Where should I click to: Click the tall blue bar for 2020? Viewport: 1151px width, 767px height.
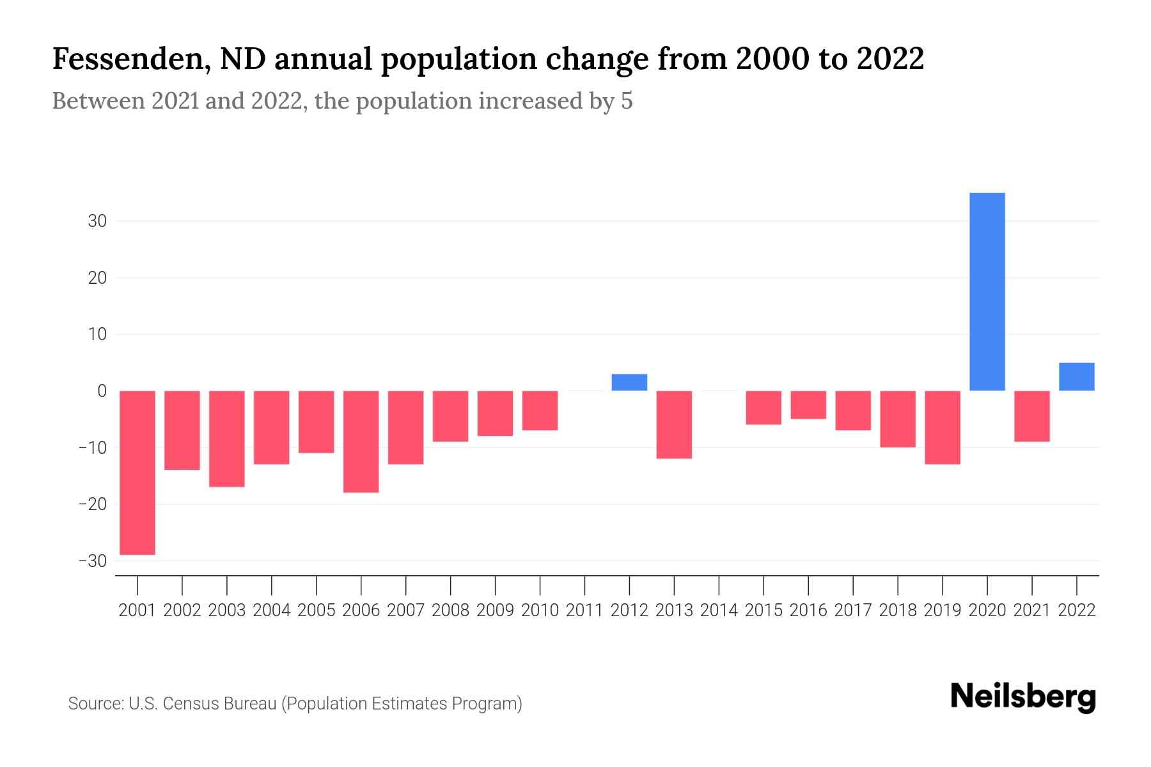[987, 291]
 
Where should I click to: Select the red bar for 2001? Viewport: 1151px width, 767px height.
[137, 472]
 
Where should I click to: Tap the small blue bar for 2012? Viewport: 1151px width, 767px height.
[629, 382]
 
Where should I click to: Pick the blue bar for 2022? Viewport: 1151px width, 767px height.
[1076, 377]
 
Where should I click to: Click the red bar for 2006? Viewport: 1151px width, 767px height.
[361, 441]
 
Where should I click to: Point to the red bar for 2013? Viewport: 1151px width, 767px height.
[674, 424]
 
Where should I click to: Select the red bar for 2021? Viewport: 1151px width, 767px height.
[1031, 416]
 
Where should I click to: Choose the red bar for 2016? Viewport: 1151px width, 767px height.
[808, 405]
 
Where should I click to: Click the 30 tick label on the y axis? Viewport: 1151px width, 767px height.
[97, 221]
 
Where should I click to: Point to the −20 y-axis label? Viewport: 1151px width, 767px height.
[92, 504]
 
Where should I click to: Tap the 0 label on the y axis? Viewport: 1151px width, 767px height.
[102, 391]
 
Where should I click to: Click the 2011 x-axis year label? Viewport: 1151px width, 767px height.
[584, 610]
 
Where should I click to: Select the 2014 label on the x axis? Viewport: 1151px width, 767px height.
[719, 610]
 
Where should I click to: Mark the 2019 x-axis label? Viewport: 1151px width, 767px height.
[942, 610]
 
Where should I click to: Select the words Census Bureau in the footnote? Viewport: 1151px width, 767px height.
[220, 704]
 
